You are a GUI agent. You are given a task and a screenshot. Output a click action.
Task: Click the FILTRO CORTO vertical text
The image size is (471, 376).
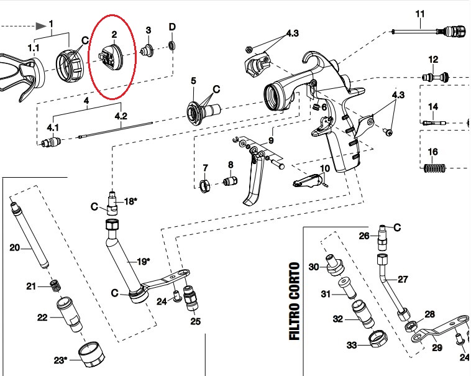(295, 301)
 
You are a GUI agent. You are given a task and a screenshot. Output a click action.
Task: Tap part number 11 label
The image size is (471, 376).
(419, 13)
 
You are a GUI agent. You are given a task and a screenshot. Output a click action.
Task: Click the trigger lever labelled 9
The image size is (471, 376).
(255, 180)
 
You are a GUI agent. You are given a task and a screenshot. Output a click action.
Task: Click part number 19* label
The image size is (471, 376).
(143, 262)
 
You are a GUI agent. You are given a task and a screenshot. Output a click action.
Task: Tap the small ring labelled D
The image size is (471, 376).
(173, 46)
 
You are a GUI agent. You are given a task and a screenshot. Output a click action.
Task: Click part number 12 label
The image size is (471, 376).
(433, 59)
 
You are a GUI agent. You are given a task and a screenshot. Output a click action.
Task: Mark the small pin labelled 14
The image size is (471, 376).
(433, 123)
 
